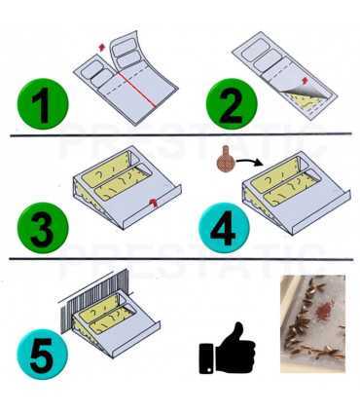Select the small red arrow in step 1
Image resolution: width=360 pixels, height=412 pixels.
[100, 46]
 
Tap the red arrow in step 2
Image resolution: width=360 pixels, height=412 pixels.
[310, 80]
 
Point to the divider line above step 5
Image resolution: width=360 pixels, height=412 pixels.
[180, 259]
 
